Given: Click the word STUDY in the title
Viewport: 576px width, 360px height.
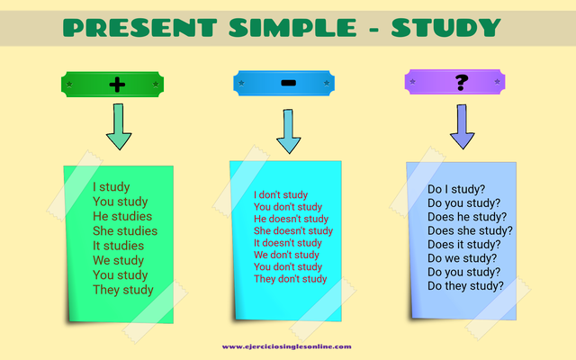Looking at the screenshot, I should tap(443, 27).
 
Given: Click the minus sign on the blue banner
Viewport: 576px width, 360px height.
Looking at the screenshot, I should tap(288, 83).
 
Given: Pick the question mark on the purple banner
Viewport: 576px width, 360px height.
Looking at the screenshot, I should tap(462, 84).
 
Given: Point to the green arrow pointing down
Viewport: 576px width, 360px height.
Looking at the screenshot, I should tap(118, 127).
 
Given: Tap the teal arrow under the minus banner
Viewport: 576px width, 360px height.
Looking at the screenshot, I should tap(288, 132).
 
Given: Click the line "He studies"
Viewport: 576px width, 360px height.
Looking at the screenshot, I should tap(122, 217).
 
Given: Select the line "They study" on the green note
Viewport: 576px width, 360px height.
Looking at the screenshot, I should tap(123, 290).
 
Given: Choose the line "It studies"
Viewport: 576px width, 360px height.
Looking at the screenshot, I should tap(118, 246).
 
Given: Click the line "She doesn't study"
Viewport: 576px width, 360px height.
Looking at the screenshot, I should tap(293, 231).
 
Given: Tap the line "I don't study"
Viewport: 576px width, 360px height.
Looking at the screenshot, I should tap(281, 194).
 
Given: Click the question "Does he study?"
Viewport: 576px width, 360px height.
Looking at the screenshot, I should tap(467, 216).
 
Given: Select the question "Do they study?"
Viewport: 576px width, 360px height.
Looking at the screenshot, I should tap(465, 286).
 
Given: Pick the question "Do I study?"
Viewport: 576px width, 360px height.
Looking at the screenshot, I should tap(456, 189).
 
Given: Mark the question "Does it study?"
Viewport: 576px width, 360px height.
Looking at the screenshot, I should tap(464, 244).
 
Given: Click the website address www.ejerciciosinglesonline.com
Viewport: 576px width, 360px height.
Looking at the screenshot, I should tap(287, 346).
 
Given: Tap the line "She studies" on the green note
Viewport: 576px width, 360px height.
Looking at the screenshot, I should tap(125, 231).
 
